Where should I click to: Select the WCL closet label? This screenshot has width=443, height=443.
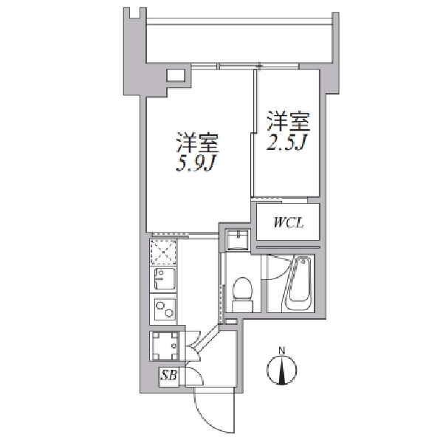[x=288, y=223]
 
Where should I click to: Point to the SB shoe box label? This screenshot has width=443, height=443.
[x=169, y=376]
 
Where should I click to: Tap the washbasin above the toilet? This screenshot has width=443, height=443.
[x=238, y=240]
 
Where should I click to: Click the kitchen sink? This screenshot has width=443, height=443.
[x=164, y=278]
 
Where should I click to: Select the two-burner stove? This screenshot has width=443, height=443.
[x=164, y=309]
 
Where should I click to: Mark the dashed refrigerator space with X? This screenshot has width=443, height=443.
[x=163, y=253]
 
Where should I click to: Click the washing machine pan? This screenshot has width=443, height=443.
[x=165, y=346]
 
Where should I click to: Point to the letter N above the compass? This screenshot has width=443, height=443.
[x=282, y=351]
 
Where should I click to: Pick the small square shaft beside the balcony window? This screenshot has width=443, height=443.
[x=176, y=75]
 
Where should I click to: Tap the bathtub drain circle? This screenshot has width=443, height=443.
[x=303, y=262]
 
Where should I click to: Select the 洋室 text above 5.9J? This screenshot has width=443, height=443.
[x=198, y=142]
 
